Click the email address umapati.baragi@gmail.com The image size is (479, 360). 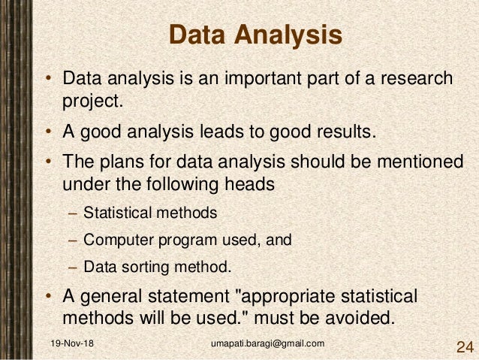click(268, 343)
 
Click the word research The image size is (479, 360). click(413, 79)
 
